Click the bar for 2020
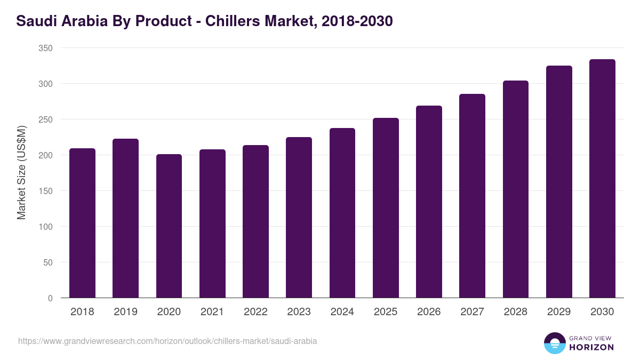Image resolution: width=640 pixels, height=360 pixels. (x=169, y=226)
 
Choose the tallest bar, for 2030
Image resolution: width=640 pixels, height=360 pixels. (x=602, y=179)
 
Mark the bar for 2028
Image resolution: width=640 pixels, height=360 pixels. (x=516, y=189)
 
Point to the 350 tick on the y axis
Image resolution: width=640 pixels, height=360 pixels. (x=46, y=48)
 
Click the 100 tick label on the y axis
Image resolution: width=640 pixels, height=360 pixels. (x=46, y=227)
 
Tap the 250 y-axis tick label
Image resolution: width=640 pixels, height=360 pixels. (x=46, y=119)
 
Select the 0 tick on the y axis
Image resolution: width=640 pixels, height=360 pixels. (x=50, y=298)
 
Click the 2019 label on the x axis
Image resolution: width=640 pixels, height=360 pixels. (x=126, y=312)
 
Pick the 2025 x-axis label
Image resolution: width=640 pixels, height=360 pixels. (x=386, y=312)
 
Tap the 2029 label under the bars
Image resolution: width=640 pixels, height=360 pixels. (x=559, y=312)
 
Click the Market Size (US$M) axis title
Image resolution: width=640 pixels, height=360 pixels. (x=21, y=172)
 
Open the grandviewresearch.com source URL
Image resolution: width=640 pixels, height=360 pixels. (x=167, y=341)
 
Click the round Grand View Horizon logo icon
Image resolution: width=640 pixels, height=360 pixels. (x=554, y=343)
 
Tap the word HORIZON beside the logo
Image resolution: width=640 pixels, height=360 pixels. (x=591, y=347)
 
